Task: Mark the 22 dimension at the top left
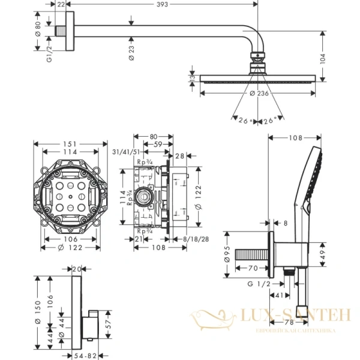[60, 4]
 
